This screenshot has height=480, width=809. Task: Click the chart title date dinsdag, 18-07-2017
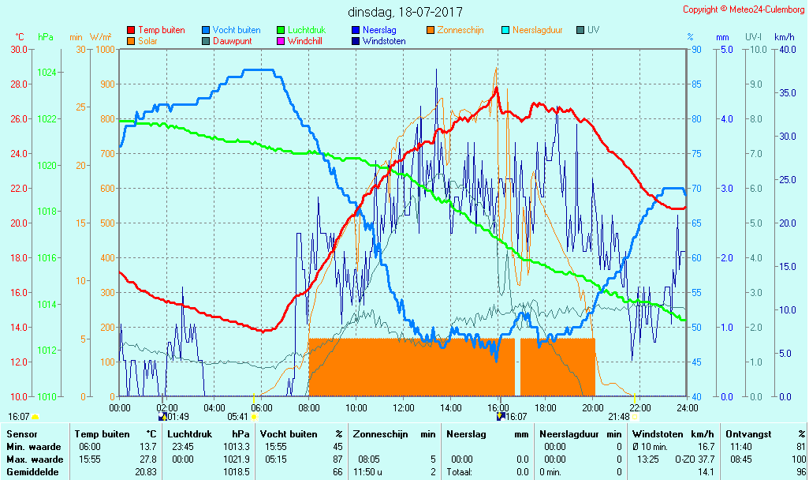[405, 12]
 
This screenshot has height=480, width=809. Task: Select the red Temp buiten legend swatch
[131, 31]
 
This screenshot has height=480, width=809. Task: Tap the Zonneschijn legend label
[460, 30]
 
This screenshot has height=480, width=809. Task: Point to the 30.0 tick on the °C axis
[18, 50]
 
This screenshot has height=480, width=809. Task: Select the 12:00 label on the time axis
[404, 407]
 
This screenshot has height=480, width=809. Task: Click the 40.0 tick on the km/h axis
[785, 50]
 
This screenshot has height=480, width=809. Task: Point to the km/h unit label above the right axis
[784, 37]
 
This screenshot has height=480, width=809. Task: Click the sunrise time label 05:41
[237, 417]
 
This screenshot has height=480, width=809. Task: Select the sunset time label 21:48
[619, 417]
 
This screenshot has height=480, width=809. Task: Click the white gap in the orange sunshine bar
[517, 367]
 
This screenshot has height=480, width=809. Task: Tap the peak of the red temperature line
[496, 88]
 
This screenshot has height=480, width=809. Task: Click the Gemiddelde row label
[30, 472]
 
